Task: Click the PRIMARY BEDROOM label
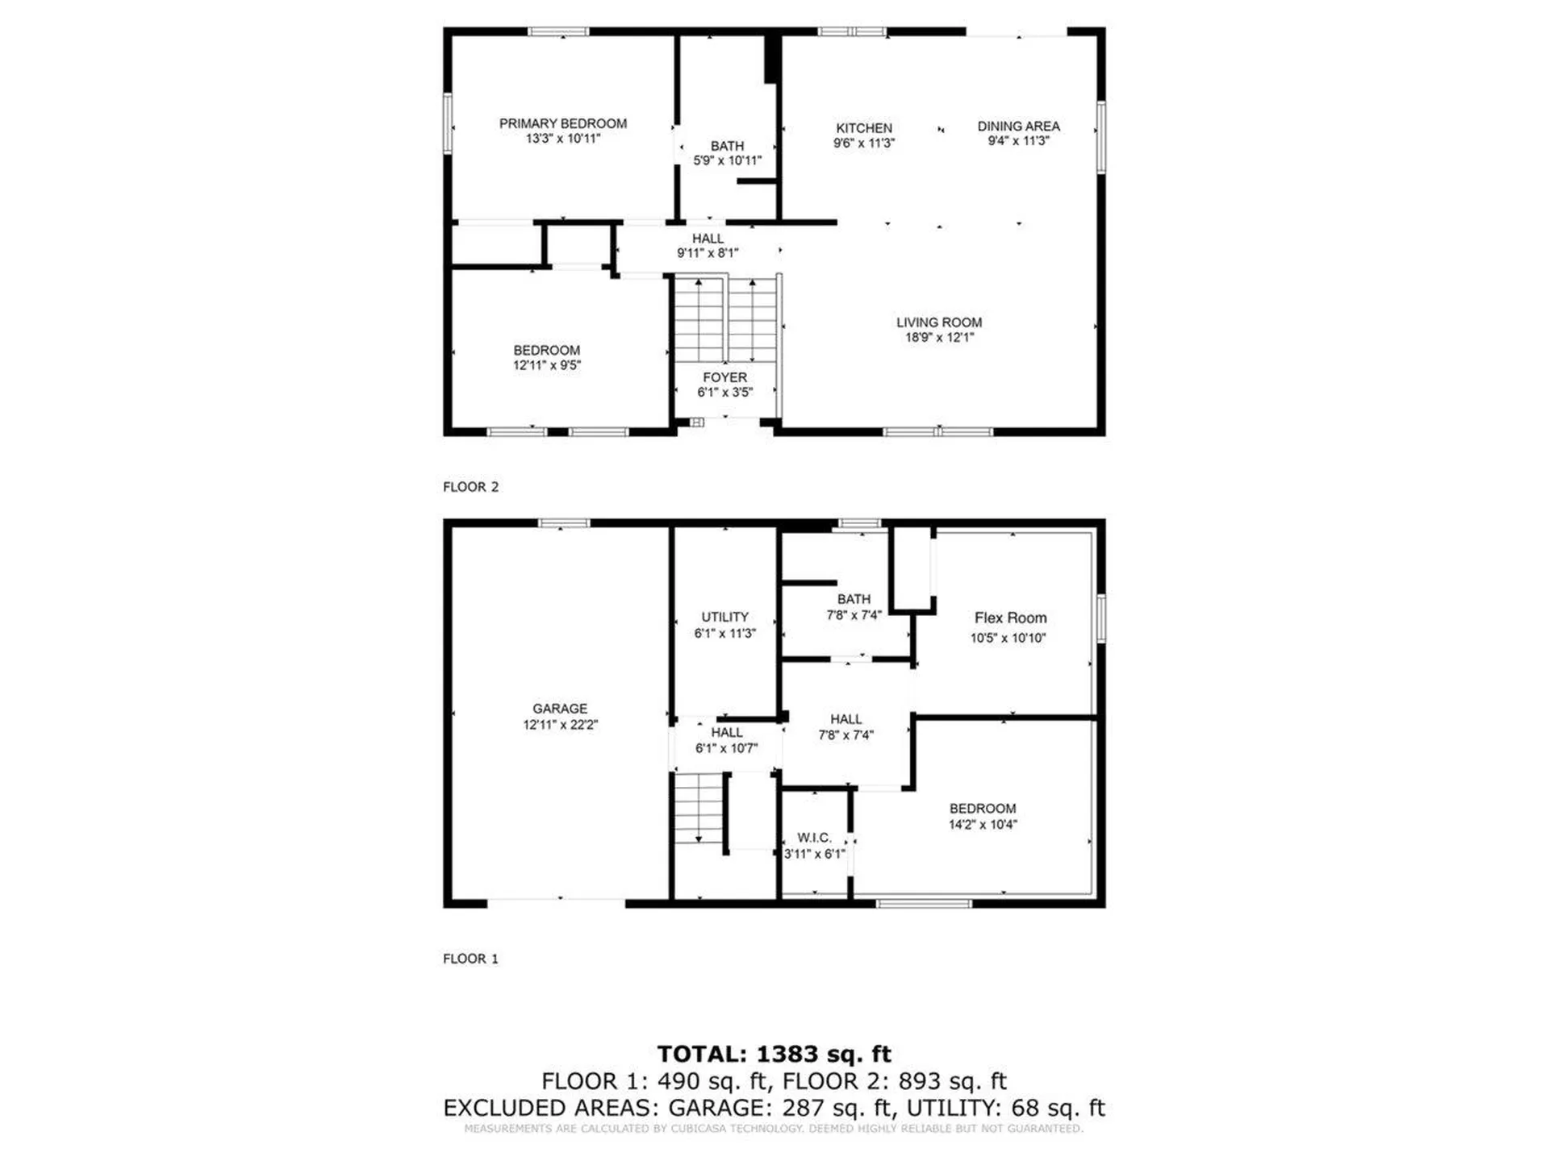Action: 562,123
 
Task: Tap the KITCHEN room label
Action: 864,128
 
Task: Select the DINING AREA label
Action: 1018,126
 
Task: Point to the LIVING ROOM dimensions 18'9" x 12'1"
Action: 939,337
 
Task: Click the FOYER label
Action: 724,377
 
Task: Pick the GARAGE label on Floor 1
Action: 560,708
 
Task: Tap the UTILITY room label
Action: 724,617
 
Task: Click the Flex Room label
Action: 1010,618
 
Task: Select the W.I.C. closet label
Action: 814,838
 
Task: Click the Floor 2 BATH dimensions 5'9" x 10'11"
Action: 727,160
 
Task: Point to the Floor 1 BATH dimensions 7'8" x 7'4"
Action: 854,614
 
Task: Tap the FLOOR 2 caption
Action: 470,487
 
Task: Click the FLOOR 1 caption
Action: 470,959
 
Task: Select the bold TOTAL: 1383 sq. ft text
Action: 774,1054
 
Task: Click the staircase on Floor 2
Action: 726,319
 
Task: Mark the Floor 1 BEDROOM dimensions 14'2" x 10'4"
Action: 983,824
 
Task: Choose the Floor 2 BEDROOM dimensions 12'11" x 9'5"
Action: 547,365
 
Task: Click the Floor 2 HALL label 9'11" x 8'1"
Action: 708,246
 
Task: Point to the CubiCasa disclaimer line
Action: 774,1129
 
